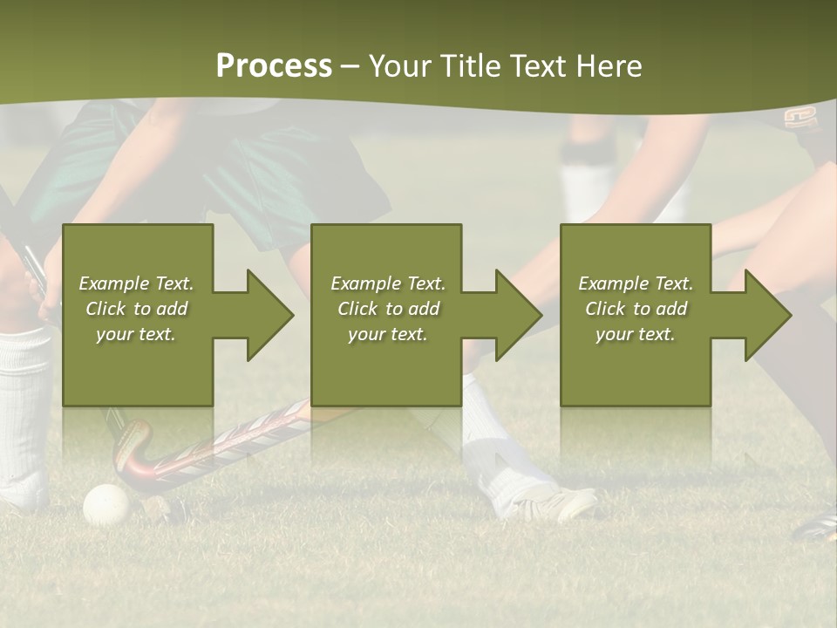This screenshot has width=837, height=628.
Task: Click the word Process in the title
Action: tap(274, 65)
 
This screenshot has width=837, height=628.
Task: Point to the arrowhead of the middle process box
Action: tap(516, 315)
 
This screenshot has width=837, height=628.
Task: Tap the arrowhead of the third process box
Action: tap(766, 315)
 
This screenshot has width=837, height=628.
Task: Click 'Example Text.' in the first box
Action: tap(136, 283)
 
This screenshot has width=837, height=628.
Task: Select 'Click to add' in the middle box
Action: tap(388, 309)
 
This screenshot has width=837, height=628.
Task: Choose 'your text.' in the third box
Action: tap(635, 334)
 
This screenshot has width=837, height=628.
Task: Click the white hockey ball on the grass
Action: tap(106, 504)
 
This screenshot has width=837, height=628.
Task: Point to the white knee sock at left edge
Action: tap(24, 410)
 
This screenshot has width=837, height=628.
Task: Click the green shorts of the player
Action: tap(262, 174)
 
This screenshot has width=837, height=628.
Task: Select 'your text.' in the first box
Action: tap(136, 334)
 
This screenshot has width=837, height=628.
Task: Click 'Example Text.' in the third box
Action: tap(635, 283)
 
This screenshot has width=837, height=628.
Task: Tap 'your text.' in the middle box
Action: tap(388, 334)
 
